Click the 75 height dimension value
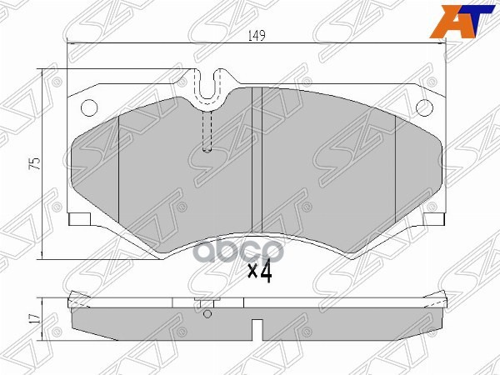tap(35, 163)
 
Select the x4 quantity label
tap(262, 271)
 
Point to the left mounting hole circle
tap(87, 107)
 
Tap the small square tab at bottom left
tap(80, 220)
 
